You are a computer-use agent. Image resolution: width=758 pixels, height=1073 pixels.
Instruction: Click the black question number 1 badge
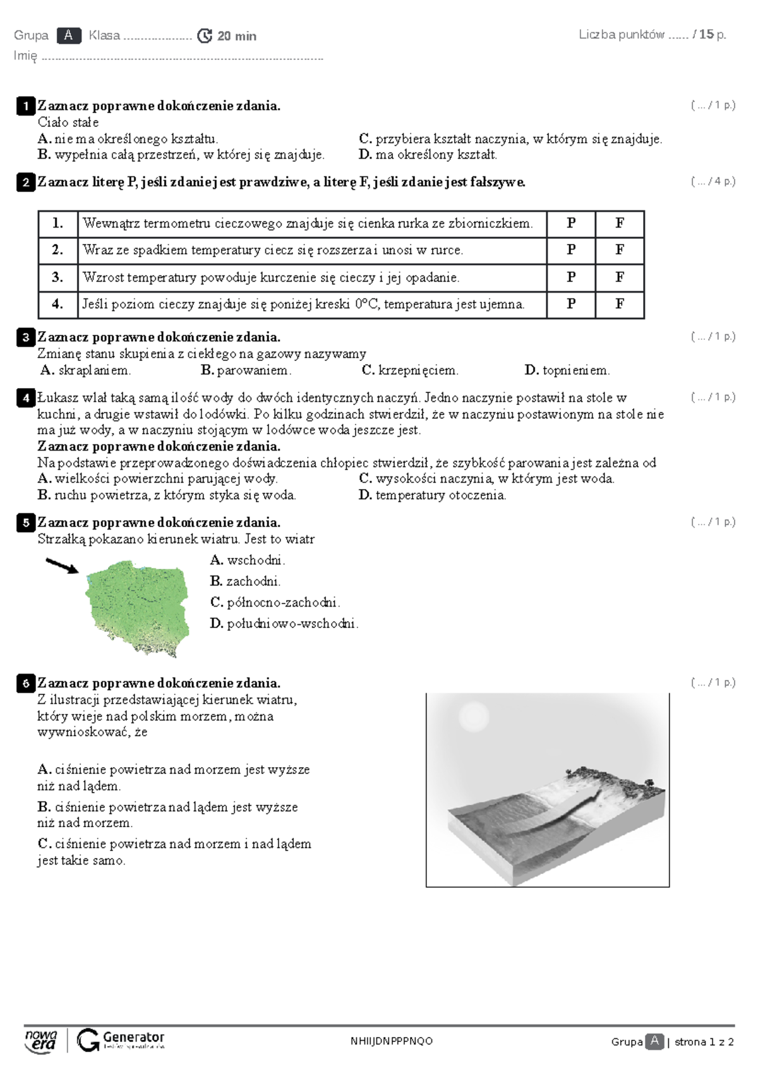25,106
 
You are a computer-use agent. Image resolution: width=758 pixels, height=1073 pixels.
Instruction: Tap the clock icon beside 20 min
205,36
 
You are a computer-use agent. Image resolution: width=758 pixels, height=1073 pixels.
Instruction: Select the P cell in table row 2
571,250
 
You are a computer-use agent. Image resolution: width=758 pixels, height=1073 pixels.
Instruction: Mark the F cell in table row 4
620,304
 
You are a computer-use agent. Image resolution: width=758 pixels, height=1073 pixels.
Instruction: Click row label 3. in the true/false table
57,277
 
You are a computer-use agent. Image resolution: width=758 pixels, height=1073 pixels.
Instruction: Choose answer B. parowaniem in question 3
246,370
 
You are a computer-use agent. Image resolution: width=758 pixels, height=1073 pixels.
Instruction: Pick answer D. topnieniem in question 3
567,370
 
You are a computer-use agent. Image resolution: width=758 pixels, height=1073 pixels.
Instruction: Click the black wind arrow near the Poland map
62,566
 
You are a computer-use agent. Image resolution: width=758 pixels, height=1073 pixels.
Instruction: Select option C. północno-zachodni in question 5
275,602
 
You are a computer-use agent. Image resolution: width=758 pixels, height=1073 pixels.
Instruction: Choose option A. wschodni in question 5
248,560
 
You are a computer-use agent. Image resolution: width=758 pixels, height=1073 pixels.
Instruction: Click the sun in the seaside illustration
473,717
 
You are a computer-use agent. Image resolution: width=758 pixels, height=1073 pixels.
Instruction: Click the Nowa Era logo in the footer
41,1041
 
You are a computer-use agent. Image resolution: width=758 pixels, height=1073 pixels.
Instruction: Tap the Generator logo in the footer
121,1040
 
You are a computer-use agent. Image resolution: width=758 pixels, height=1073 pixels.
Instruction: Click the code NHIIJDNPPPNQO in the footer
392,1041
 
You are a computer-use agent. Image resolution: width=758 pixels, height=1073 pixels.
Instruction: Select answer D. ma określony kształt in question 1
428,155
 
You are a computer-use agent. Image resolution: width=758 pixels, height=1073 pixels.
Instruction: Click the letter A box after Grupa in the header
68,36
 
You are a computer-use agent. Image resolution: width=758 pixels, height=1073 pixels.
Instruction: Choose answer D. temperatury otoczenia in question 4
433,495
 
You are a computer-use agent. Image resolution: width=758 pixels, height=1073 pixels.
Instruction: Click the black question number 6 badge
25,683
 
